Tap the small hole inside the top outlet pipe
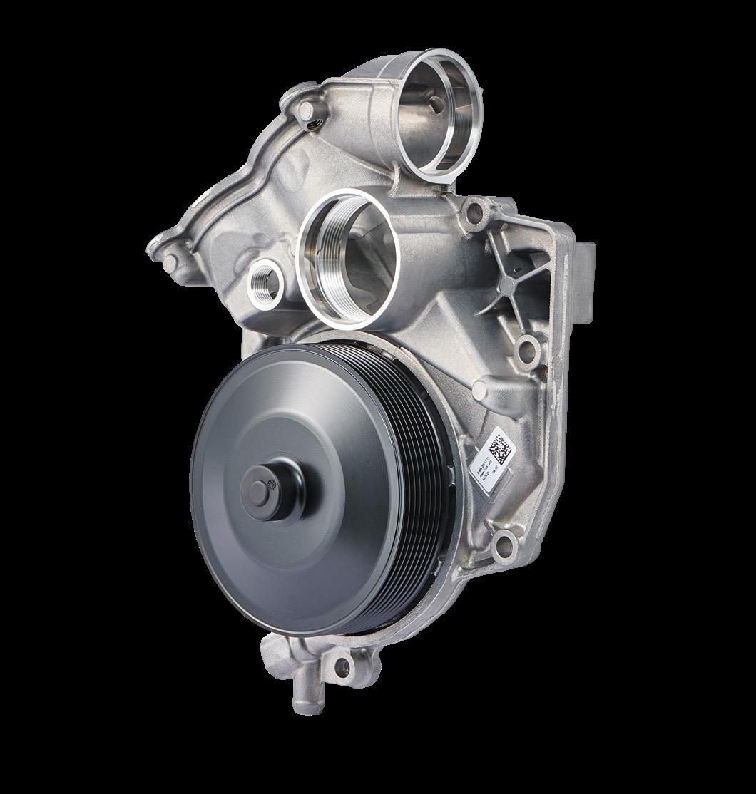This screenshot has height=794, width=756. pos(434,104)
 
